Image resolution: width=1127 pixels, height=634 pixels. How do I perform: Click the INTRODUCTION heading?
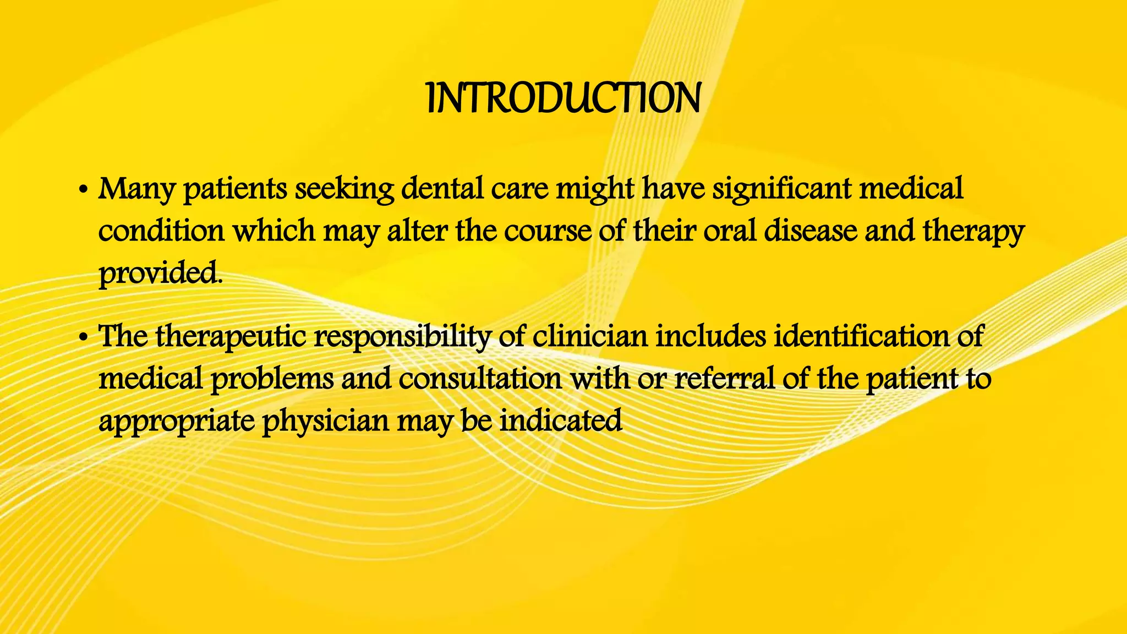(563, 99)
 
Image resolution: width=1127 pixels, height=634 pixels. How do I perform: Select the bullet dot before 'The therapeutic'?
(83, 338)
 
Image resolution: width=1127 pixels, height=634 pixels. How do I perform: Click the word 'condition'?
(161, 231)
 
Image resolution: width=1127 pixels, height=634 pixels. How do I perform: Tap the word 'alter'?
(417, 231)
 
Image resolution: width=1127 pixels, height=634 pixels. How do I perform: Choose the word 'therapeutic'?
(231, 337)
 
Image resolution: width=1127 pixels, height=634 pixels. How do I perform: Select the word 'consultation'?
(480, 379)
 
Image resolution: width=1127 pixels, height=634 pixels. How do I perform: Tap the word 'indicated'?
(561, 421)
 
